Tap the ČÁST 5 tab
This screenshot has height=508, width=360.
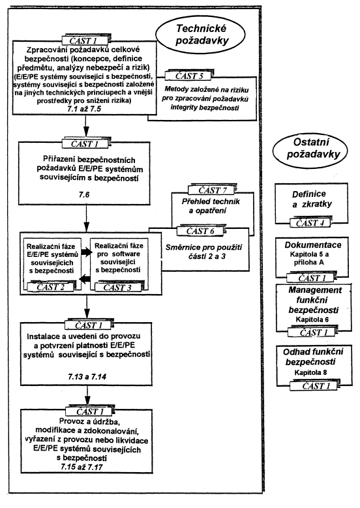[x=189, y=76]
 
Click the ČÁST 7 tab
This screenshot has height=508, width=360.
[x=212, y=190]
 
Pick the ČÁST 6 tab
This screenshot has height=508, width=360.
[x=200, y=231]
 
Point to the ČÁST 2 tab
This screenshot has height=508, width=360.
[x=51, y=286]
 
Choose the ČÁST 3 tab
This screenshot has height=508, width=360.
[x=117, y=287]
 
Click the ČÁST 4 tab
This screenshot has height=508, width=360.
[x=309, y=223]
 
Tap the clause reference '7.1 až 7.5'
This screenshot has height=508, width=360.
[x=84, y=109]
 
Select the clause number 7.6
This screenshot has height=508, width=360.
[x=84, y=195]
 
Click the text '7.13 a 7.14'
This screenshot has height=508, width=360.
[x=87, y=376]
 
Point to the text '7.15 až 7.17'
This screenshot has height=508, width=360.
[x=82, y=467]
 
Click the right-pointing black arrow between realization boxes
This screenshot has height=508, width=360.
[x=85, y=252]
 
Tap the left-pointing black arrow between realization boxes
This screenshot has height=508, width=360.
[x=85, y=278]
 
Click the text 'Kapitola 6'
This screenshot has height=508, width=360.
[x=312, y=320]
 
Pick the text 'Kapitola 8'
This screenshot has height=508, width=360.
[x=310, y=372]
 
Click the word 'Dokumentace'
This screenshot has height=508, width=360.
[x=312, y=245]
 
